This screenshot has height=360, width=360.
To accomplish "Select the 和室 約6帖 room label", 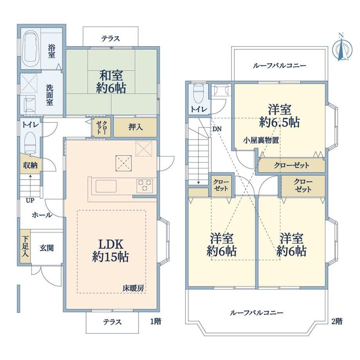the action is [x=112, y=81].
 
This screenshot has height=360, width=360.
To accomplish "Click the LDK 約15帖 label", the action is [x=111, y=250].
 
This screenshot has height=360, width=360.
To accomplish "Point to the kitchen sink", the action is [x=106, y=186].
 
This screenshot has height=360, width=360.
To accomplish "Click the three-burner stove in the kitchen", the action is [x=145, y=185].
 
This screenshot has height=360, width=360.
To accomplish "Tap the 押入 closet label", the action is [x=136, y=127].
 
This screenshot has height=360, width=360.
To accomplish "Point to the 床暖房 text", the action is [x=133, y=288].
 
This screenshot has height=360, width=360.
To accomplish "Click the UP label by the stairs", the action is [x=30, y=200].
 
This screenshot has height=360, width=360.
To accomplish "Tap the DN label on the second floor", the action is [x=217, y=129].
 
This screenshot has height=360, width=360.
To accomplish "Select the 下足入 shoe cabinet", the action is [x=25, y=246].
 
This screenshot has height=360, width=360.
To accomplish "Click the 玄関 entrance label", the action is [x=47, y=248].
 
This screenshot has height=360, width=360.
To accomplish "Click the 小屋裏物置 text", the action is [x=261, y=140].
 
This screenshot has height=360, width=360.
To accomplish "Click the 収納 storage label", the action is [x=30, y=165].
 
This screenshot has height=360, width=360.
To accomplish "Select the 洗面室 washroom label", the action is [x=50, y=95].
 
